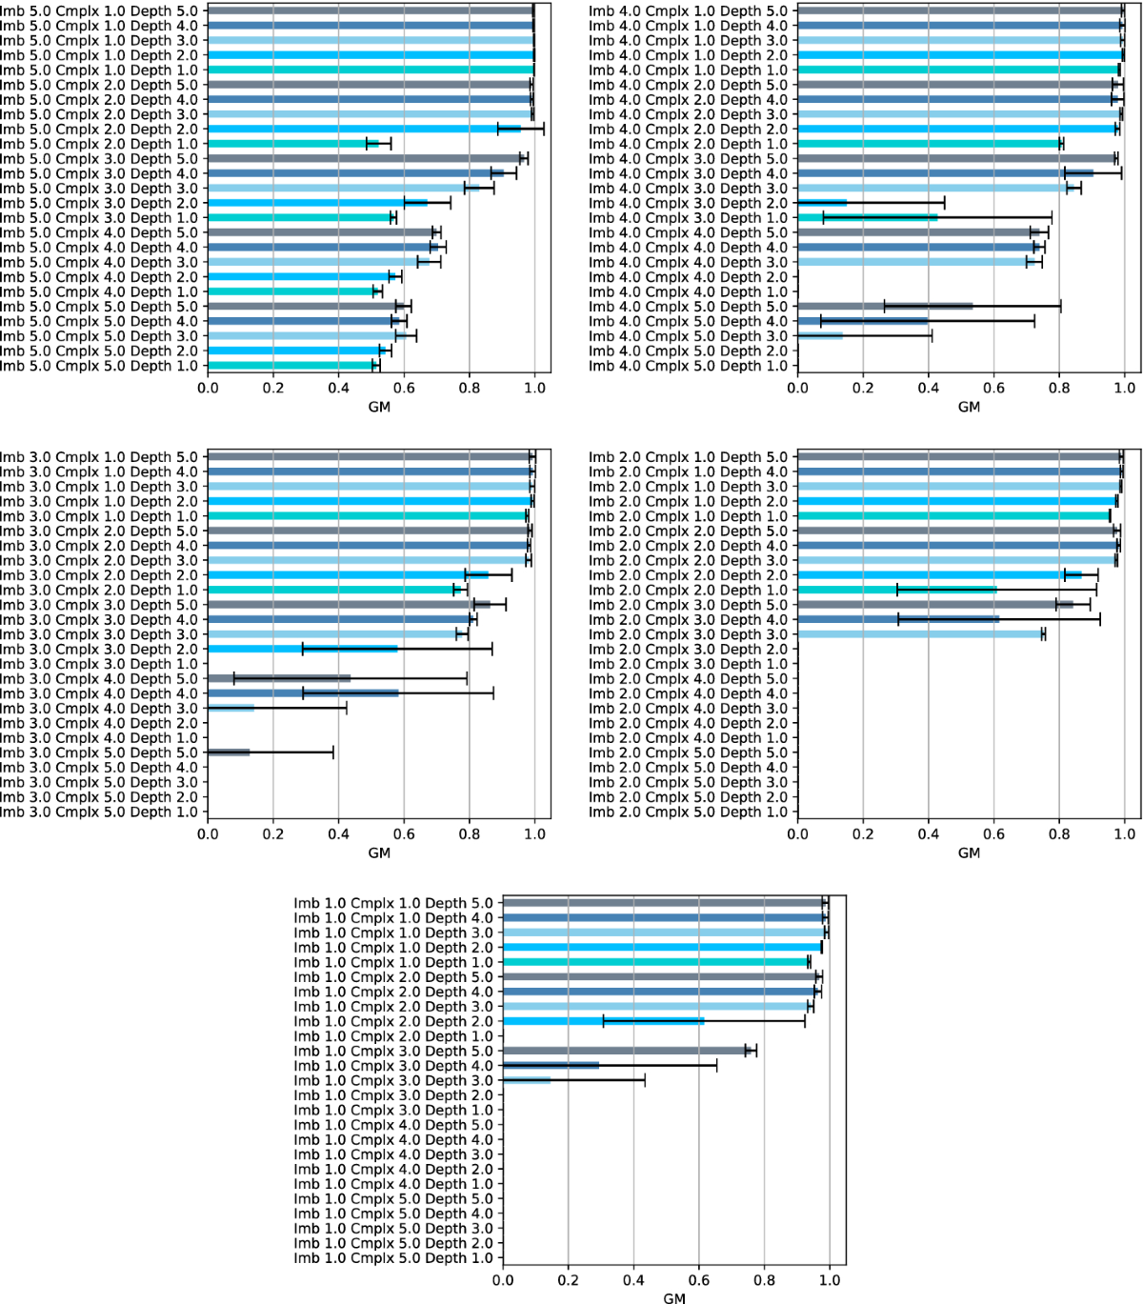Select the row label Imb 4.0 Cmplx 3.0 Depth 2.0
689,203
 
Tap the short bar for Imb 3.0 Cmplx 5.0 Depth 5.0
229,752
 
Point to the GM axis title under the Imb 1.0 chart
674,1297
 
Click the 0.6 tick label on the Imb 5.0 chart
404,389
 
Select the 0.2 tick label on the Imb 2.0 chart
863,834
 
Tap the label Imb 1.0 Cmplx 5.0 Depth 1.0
393,1258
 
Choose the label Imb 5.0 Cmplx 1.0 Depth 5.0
99,11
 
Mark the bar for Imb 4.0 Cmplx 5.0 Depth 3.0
820,336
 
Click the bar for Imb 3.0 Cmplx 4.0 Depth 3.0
231,709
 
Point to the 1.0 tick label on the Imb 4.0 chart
1125,389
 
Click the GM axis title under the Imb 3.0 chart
379,853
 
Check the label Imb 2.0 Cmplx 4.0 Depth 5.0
689,679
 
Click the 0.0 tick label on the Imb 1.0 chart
503,1280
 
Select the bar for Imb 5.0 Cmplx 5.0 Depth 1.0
291,366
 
